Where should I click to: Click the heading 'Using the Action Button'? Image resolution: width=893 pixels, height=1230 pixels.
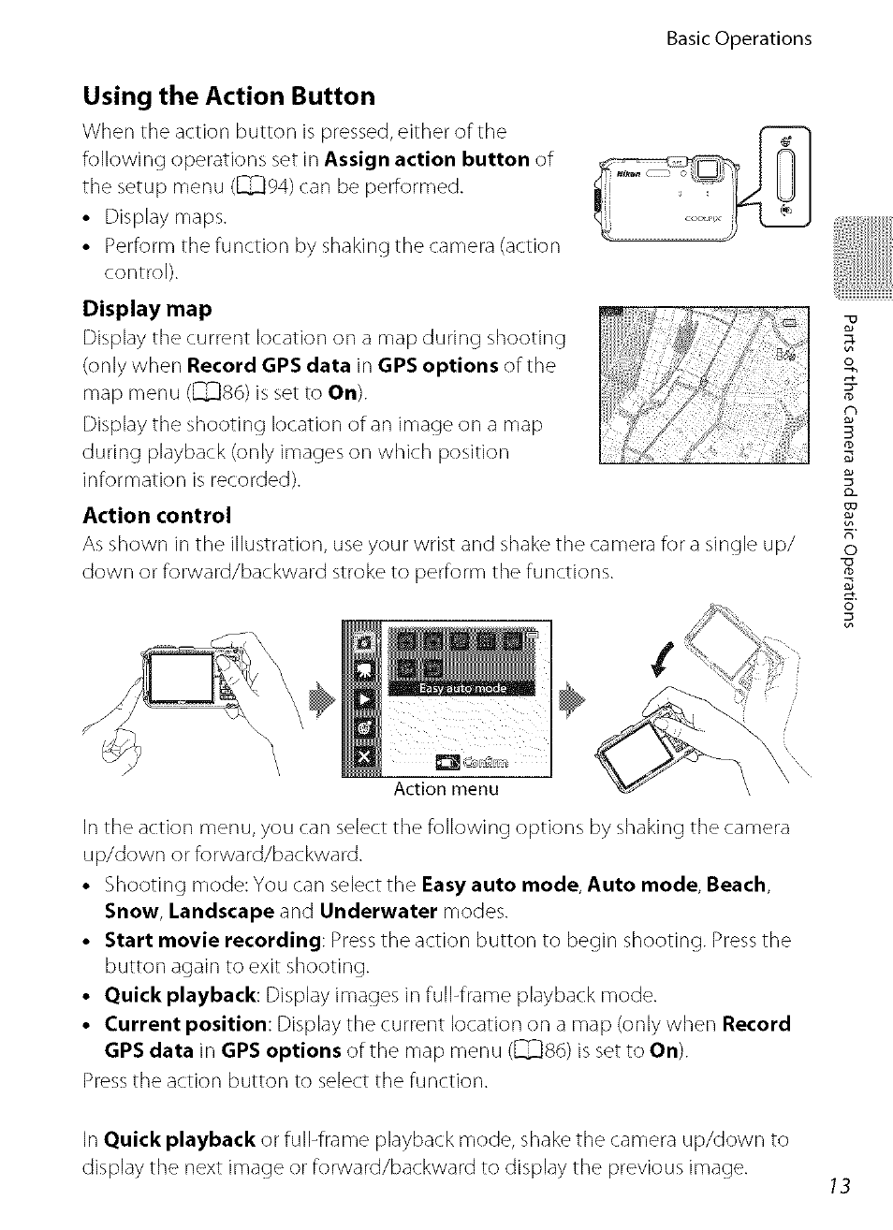[x=228, y=96]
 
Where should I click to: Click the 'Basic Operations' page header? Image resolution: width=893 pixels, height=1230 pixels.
[x=739, y=38]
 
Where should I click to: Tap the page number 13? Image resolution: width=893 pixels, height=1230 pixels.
[x=839, y=1186]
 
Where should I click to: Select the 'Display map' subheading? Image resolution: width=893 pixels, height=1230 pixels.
[x=147, y=309]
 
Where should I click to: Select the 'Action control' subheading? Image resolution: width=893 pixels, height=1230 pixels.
[x=156, y=516]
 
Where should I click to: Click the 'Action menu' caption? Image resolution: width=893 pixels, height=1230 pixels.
[x=446, y=789]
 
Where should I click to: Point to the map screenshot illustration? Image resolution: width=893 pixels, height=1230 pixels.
[x=703, y=385]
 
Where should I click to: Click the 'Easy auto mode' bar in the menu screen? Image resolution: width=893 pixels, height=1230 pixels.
[x=462, y=688]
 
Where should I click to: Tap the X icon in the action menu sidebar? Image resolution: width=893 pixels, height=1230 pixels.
[x=364, y=759]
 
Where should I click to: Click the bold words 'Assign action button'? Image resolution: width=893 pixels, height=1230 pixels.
[x=427, y=159]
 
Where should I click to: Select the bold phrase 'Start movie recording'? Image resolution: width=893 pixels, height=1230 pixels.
[x=212, y=940]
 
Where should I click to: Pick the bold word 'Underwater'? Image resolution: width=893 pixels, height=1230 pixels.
[x=378, y=912]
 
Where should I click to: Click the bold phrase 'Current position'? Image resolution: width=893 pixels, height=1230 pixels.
[x=185, y=1024]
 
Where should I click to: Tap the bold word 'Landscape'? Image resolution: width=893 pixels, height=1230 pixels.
[x=221, y=912]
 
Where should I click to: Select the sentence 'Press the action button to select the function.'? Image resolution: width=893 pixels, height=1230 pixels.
[x=285, y=1080]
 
